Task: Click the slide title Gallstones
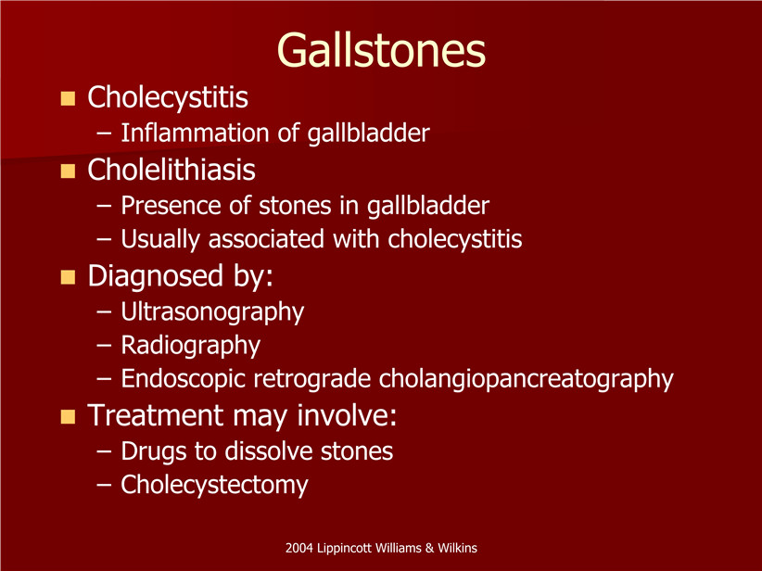tap(381, 51)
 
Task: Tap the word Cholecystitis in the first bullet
tap(168, 97)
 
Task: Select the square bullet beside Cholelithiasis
tap(68, 171)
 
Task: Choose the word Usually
tap(160, 240)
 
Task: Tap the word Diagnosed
tap(156, 276)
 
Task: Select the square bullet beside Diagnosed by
tap(68, 277)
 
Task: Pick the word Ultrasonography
tap(212, 312)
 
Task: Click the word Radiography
tap(191, 346)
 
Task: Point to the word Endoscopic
tap(184, 379)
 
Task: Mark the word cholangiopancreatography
tap(527, 379)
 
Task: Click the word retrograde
tap(312, 379)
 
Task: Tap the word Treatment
tap(156, 415)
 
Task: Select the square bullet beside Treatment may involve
tap(68, 417)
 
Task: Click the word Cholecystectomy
tap(214, 486)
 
